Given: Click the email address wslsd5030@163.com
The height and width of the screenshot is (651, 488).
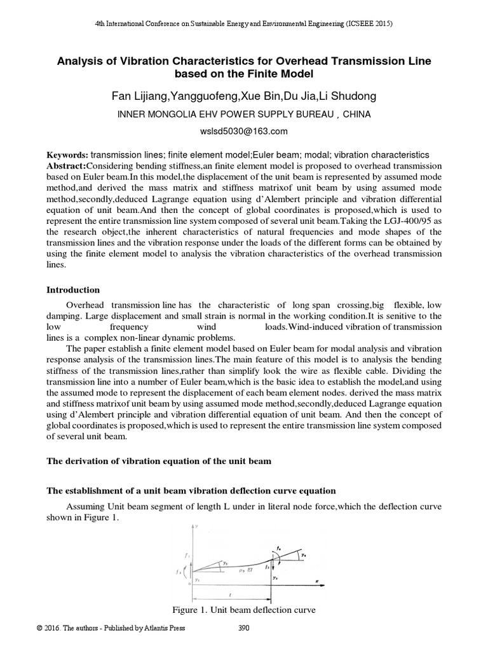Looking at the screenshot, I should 244,132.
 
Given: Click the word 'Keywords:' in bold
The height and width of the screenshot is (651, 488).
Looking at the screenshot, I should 69,155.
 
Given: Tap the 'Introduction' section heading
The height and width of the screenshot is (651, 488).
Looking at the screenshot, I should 73,290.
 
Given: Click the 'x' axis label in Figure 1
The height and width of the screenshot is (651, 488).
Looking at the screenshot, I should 316,580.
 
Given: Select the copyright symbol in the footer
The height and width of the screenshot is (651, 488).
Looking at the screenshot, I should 39,629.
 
